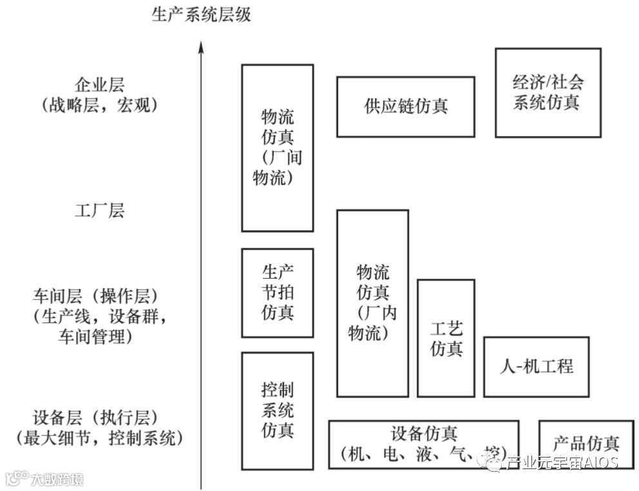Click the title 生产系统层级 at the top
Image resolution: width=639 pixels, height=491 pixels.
coord(201,14)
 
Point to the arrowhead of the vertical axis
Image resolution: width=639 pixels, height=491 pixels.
coord(201,47)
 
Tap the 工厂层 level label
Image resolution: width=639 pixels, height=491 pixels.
coord(99,210)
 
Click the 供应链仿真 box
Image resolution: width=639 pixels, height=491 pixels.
coord(406,107)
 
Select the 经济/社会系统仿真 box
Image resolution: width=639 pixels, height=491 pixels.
coord(548,92)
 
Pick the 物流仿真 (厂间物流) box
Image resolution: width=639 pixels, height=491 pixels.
coord(277,147)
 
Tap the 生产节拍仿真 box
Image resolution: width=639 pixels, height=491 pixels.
coord(277,293)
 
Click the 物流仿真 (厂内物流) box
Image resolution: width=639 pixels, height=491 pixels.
coord(372,303)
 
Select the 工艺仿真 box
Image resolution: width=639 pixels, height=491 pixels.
coord(446,338)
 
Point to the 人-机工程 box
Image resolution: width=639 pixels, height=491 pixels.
coord(536,367)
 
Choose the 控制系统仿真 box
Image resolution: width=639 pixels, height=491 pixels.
coord(277,410)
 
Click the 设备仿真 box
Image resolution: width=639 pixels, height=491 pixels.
coord(423,443)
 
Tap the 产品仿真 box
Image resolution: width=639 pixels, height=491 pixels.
coord(586,443)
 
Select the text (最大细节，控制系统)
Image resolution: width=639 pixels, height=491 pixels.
coord(99,439)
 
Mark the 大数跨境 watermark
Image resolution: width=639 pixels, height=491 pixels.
coord(54,479)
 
